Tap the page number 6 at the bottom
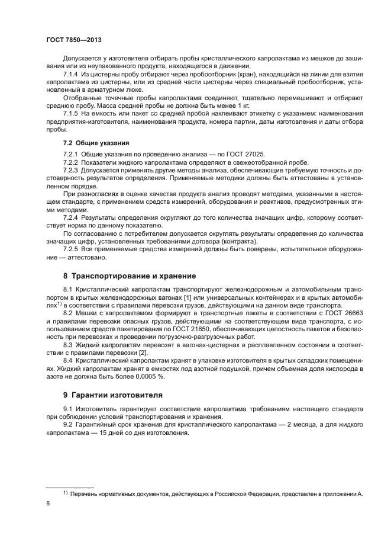tap(47, 503)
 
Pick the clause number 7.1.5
tap(71, 113)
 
